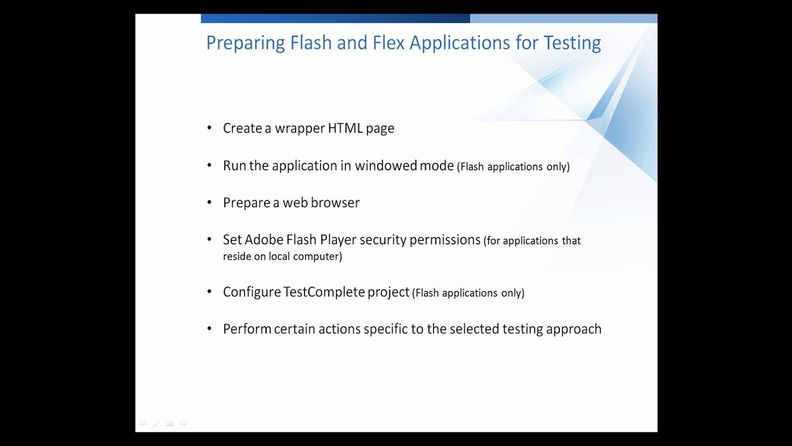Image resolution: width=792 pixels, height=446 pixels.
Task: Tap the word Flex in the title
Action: pyautogui.click(x=388, y=43)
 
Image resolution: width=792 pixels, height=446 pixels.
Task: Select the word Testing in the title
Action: pyautogui.click(x=572, y=43)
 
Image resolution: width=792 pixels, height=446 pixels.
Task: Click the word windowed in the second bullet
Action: pyautogui.click(x=385, y=165)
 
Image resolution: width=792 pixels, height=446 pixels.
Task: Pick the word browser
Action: pyautogui.click(x=337, y=203)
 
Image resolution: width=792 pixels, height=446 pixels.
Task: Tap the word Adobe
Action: pyautogui.click(x=262, y=240)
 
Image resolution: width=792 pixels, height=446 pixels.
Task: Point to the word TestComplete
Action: pyautogui.click(x=324, y=292)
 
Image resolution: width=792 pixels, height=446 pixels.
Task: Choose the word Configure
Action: pyautogui.click(x=252, y=292)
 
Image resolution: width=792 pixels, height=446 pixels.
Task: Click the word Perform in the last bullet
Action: pyautogui.click(x=247, y=329)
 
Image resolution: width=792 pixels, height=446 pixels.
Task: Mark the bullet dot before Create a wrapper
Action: pyautogui.click(x=209, y=128)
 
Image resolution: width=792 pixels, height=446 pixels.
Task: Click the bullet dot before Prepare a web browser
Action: pyautogui.click(x=209, y=203)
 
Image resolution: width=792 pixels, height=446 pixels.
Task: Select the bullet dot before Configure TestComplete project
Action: pyautogui.click(x=209, y=292)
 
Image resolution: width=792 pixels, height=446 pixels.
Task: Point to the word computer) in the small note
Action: pyautogui.click(x=319, y=256)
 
